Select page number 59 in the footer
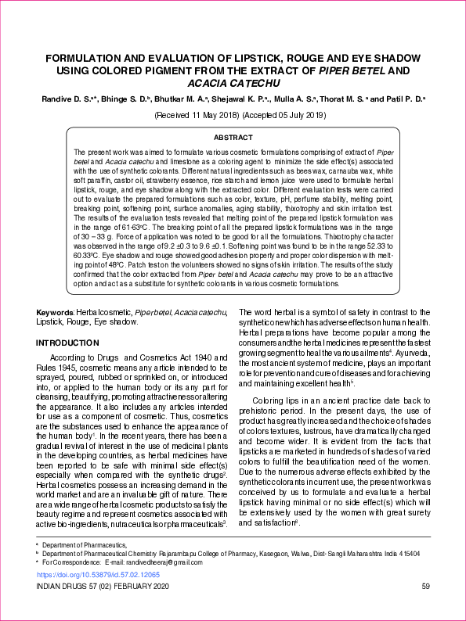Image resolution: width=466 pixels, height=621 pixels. [x=425, y=587]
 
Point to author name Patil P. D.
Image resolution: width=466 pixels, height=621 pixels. [x=406, y=100]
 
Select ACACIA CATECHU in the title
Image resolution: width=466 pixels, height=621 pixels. [x=233, y=82]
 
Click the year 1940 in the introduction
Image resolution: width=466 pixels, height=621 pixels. [x=194, y=358]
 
